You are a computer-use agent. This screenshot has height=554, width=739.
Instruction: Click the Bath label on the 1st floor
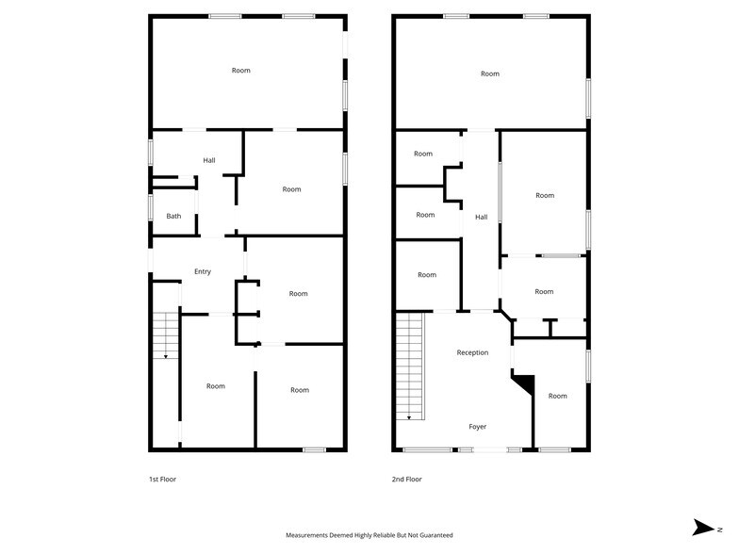(x=173, y=216)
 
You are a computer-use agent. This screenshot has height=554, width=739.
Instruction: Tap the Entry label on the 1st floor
(x=203, y=271)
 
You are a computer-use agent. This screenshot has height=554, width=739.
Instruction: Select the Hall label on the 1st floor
(x=209, y=160)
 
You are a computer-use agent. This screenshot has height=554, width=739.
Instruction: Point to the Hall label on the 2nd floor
(x=481, y=217)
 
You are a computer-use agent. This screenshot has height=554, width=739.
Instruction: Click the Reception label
(x=472, y=352)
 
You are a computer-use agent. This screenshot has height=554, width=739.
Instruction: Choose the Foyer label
(x=478, y=427)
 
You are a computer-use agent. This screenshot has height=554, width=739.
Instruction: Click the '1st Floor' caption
(x=162, y=479)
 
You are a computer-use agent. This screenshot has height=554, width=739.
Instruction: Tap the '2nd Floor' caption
(x=406, y=479)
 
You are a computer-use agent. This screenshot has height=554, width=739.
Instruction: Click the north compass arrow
(x=702, y=528)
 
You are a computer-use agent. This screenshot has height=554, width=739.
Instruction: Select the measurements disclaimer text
(x=369, y=535)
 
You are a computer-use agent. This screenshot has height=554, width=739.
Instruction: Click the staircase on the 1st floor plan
(x=165, y=334)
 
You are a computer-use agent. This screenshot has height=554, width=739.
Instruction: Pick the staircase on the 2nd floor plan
(x=409, y=367)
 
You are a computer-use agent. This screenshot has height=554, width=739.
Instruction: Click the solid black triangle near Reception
(x=524, y=383)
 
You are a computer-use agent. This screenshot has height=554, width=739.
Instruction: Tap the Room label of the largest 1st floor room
(x=241, y=71)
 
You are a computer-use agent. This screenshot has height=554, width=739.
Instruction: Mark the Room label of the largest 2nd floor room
(x=489, y=73)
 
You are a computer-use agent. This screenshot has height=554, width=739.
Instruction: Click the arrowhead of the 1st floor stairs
(x=166, y=357)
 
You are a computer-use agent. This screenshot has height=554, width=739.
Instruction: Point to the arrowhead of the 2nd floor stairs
(x=409, y=416)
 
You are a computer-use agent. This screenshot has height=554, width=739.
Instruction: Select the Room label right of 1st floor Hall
(x=291, y=189)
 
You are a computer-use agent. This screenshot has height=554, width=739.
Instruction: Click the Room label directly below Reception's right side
(x=558, y=396)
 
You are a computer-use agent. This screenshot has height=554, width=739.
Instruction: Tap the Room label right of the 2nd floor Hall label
(x=545, y=195)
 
